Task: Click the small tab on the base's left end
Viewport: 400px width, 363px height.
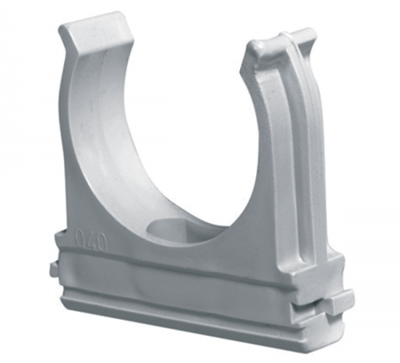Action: (54, 269)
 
